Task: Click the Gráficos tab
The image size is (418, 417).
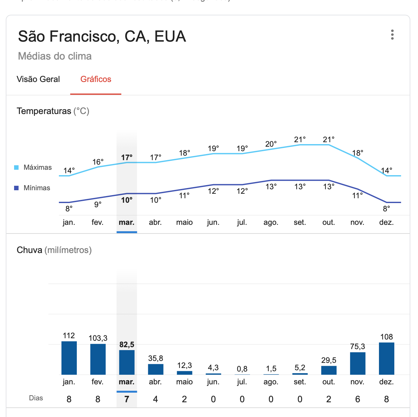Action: click(96, 79)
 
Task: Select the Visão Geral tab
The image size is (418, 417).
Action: click(38, 79)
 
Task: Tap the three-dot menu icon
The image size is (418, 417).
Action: click(392, 35)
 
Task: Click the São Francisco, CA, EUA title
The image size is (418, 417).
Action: click(102, 37)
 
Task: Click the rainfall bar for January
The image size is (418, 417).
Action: click(69, 358)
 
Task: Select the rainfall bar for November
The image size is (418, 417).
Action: click(358, 363)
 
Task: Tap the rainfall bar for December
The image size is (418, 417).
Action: click(386, 358)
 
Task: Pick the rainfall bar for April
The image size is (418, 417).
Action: click(156, 369)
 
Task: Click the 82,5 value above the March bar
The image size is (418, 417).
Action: click(127, 345)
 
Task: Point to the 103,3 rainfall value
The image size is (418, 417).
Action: click(98, 338)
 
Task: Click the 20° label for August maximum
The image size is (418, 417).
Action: click(271, 144)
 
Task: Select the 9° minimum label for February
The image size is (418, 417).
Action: click(98, 204)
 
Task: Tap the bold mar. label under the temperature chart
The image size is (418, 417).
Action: click(127, 223)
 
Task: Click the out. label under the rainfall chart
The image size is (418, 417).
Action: click(329, 382)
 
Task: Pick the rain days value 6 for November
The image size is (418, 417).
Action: click(358, 399)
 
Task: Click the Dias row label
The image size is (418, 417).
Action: click(36, 398)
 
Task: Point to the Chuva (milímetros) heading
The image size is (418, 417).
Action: click(54, 250)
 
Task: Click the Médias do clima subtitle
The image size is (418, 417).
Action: click(55, 56)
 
